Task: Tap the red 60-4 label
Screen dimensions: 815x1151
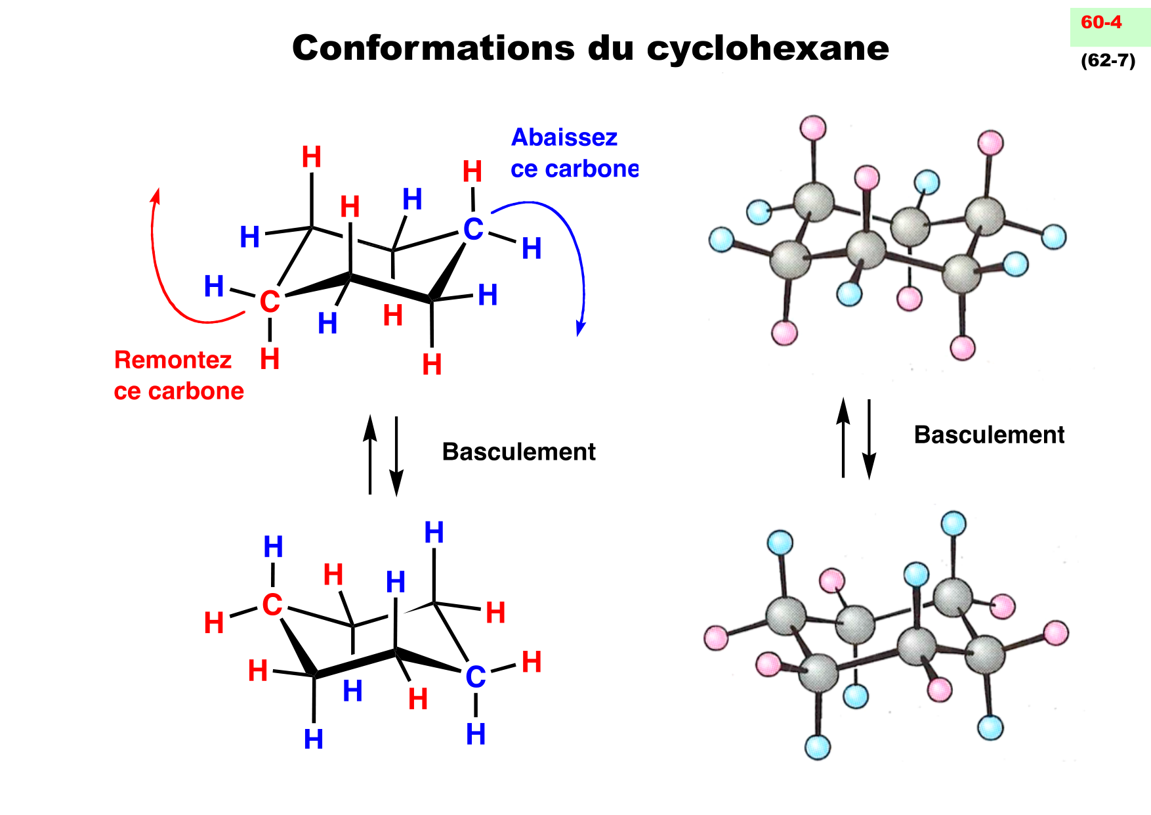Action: (1101, 22)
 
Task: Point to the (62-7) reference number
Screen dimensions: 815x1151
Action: (1108, 60)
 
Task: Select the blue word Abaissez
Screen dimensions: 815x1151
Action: (564, 137)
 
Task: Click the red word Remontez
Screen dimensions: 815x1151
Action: (173, 360)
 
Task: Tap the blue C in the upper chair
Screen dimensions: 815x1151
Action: (473, 230)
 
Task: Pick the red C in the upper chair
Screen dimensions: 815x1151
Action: (270, 302)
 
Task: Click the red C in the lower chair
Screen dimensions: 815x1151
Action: (272, 605)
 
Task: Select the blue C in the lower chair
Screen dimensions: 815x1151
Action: (476, 677)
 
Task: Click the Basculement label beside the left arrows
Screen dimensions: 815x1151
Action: (518, 452)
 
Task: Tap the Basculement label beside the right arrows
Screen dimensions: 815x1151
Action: (989, 435)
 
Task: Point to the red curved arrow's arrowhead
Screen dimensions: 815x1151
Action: (156, 194)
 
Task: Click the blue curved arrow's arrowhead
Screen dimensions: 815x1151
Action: (579, 329)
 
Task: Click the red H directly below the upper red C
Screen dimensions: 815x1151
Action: (270, 359)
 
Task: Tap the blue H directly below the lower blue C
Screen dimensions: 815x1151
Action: (476, 734)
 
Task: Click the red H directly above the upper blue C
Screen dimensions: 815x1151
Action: (472, 171)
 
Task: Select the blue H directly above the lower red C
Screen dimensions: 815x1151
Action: (273, 547)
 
